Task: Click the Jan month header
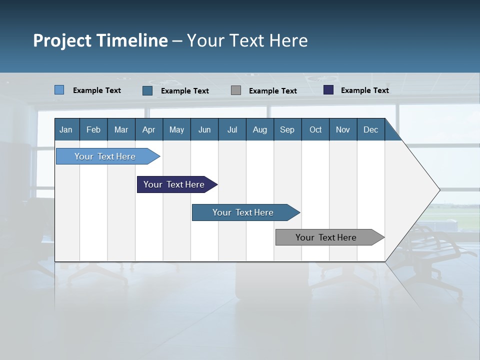(x=66, y=129)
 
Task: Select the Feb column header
(x=93, y=129)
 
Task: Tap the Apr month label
(x=148, y=129)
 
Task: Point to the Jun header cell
(x=204, y=129)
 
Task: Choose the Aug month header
(x=260, y=129)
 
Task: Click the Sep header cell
(x=287, y=129)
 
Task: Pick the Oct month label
(x=315, y=129)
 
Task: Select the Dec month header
(x=370, y=129)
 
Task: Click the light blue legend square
(x=59, y=90)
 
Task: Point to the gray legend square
(x=236, y=90)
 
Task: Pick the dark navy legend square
(x=328, y=90)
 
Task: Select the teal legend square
(x=147, y=90)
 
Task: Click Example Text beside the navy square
(x=364, y=90)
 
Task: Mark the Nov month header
(x=342, y=129)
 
